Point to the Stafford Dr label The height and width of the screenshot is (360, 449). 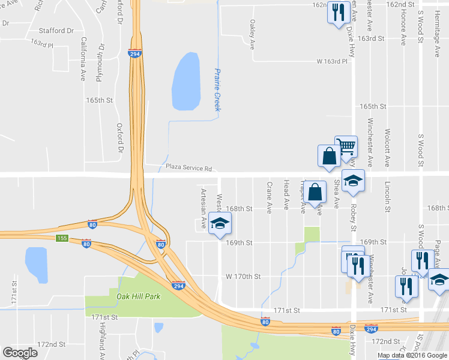[x=56, y=30]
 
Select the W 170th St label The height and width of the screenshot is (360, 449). [x=243, y=277]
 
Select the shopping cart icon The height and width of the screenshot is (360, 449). [x=346, y=146]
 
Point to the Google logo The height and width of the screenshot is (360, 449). [x=20, y=353]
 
